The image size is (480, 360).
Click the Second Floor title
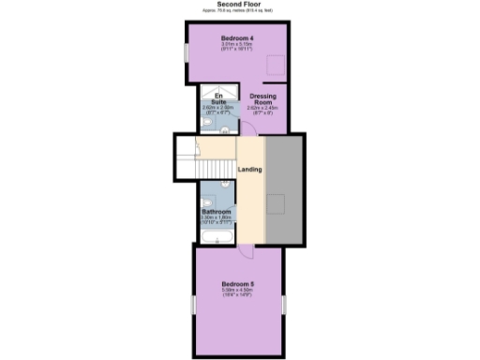pos(239,5)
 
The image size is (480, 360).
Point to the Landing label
pos(249,169)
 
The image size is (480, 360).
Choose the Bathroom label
pos(217,212)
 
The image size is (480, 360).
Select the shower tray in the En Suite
pos(210,93)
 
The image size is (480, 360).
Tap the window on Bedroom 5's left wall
pos(193,307)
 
